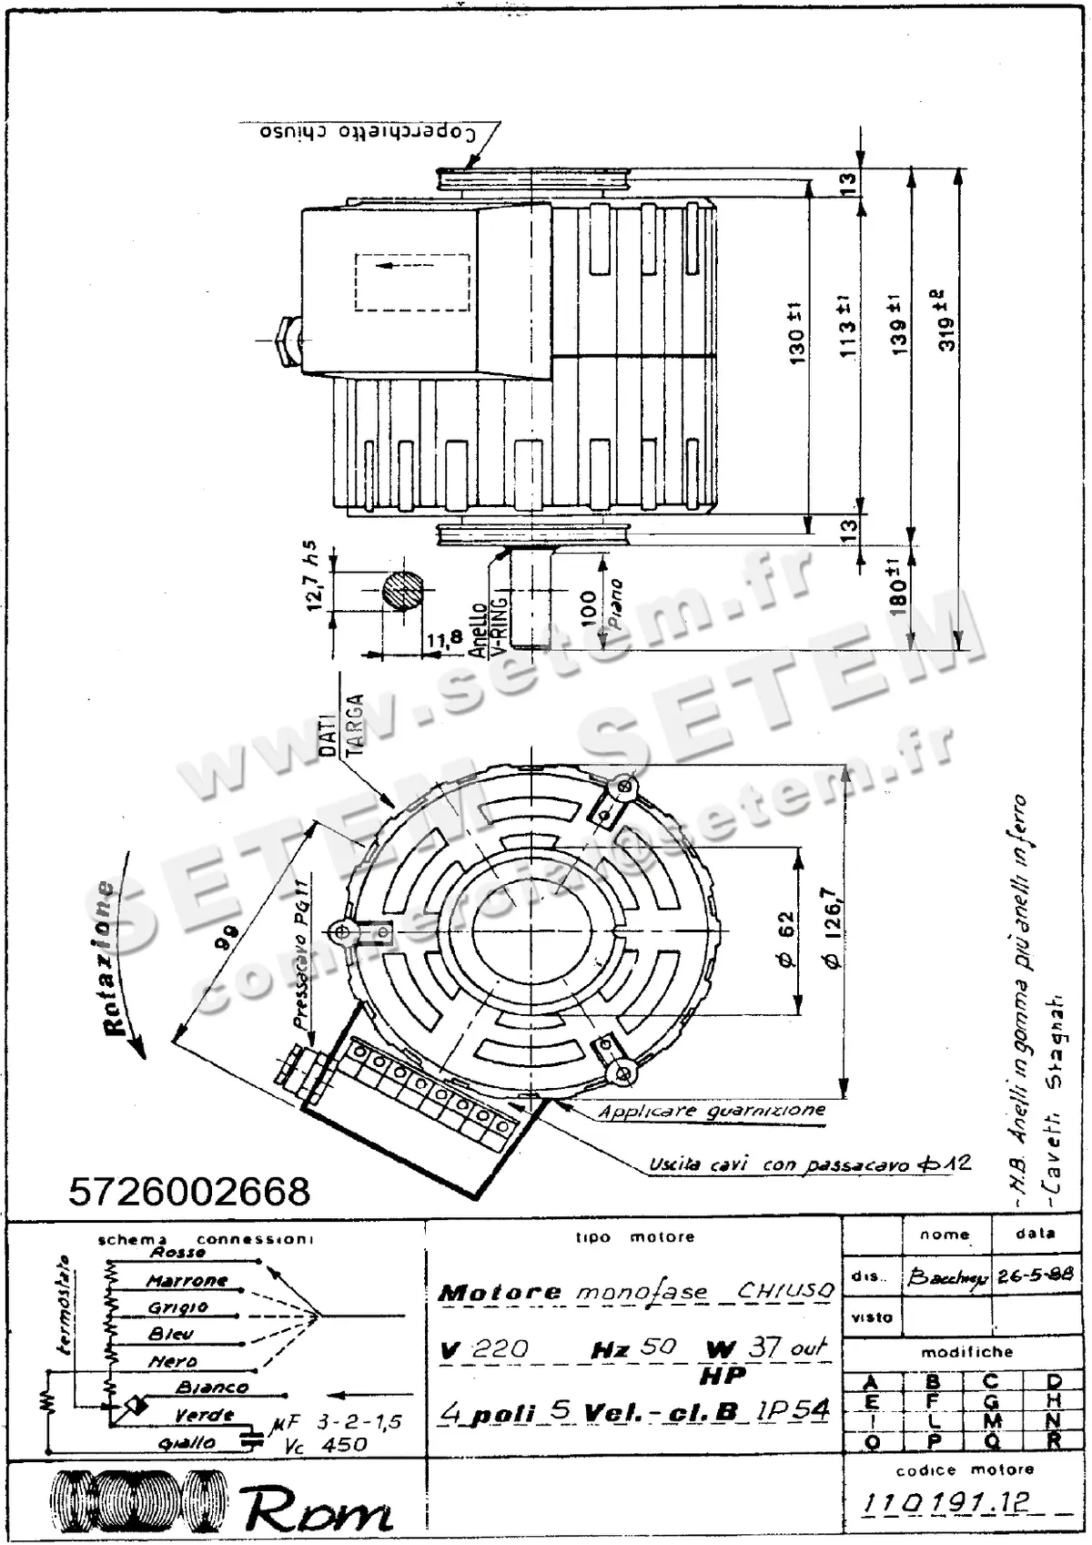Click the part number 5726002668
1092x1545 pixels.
(x=189, y=1191)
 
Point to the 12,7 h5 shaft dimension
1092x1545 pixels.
(x=311, y=575)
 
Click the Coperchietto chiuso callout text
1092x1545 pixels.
(x=367, y=132)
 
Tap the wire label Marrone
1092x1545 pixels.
(x=187, y=1281)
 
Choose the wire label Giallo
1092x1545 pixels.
(x=187, y=1443)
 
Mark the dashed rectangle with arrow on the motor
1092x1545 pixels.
(x=412, y=282)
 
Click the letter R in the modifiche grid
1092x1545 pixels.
(x=1054, y=1441)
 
